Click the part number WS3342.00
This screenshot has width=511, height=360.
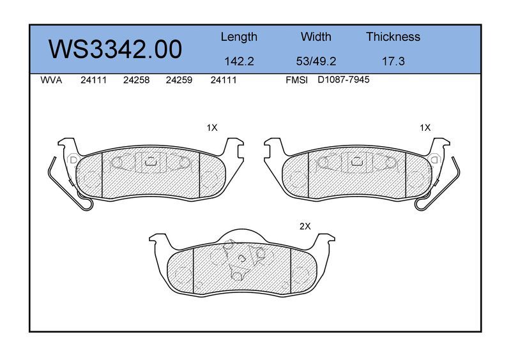pos(116,50)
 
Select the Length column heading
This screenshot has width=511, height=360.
pos(239,37)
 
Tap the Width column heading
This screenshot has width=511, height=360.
pos(316,36)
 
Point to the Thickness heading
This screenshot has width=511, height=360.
pos(393,36)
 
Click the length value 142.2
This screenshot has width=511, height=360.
pos(239,61)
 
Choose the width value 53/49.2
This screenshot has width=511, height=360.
pos(316,61)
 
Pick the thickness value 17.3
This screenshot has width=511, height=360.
pos(393,61)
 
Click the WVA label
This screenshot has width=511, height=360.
pos(51,80)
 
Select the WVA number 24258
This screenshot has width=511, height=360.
pos(136,80)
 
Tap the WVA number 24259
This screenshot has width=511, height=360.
pos(179,80)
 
